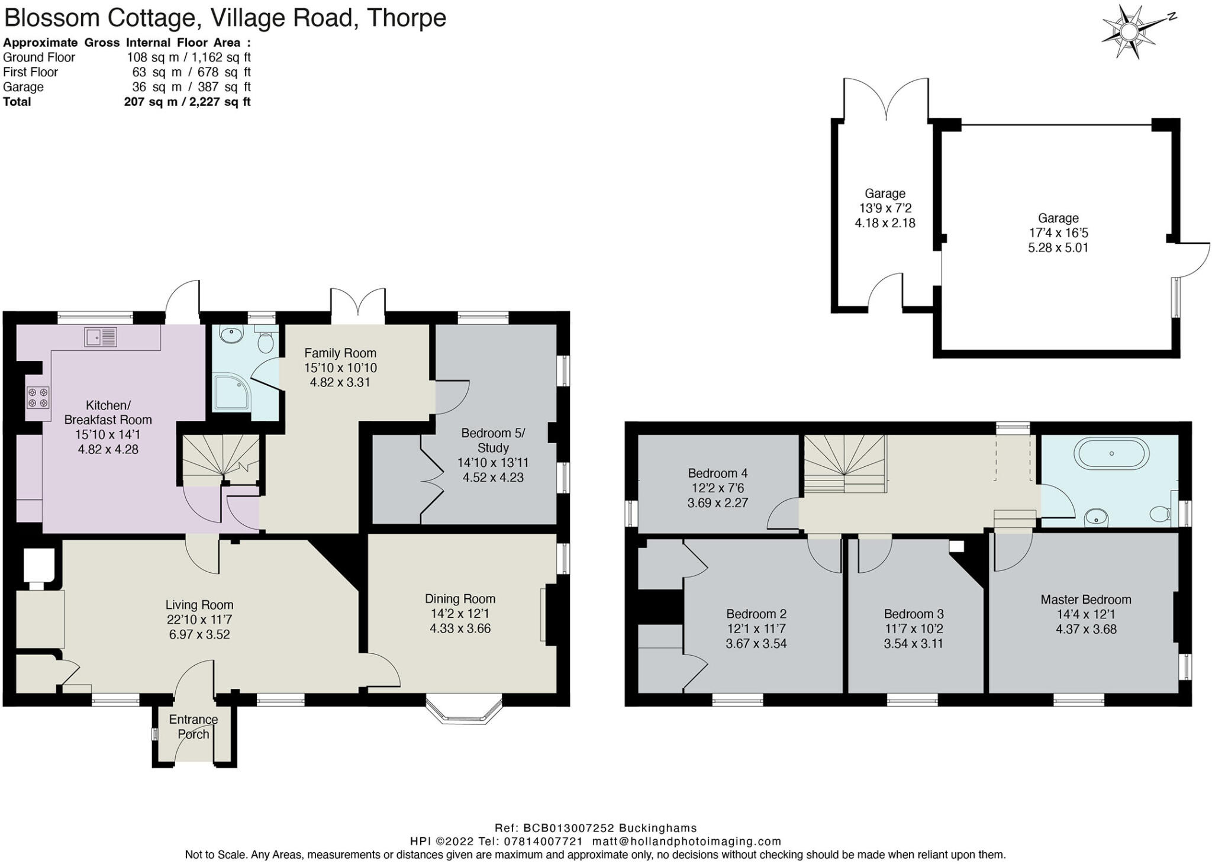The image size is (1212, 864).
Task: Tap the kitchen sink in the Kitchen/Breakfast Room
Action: click(101, 337)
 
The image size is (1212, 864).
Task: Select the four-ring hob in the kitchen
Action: click(37, 397)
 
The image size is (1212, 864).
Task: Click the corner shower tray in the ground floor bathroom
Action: click(231, 392)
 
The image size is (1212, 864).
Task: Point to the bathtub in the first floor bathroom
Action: click(1111, 454)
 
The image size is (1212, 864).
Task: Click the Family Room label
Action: click(340, 353)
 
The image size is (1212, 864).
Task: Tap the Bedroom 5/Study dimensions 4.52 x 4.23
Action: click(493, 478)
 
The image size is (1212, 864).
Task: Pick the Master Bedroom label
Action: click(1085, 599)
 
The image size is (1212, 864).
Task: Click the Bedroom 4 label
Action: click(717, 473)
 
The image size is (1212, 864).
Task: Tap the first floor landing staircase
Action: click(844, 465)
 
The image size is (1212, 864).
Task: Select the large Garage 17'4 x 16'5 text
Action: click(1058, 233)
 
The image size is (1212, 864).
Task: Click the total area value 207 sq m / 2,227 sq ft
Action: click(187, 102)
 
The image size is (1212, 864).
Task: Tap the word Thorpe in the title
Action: click(406, 18)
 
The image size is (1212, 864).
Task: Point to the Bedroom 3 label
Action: click(913, 614)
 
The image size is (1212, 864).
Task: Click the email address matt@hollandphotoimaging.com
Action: click(686, 841)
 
